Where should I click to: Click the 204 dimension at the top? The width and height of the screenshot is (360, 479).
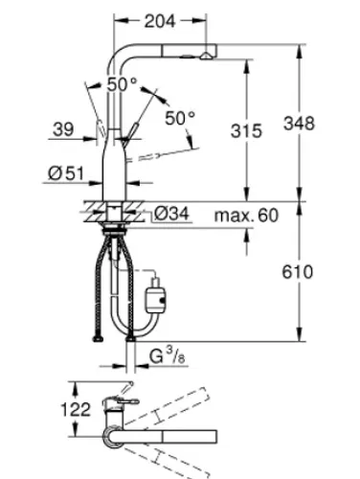[160, 21]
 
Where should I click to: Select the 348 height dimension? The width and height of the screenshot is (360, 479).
[299, 124]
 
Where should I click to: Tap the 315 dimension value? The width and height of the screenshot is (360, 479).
[246, 131]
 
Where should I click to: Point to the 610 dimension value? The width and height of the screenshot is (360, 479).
[298, 272]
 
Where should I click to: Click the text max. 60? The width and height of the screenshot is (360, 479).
[246, 216]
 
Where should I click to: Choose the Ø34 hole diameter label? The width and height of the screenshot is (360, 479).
[171, 214]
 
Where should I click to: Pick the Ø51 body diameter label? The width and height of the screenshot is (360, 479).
[66, 173]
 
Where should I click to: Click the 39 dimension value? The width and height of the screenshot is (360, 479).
[63, 129]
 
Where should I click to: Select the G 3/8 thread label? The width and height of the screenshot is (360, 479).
[168, 355]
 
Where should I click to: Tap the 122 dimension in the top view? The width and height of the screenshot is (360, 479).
[76, 409]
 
